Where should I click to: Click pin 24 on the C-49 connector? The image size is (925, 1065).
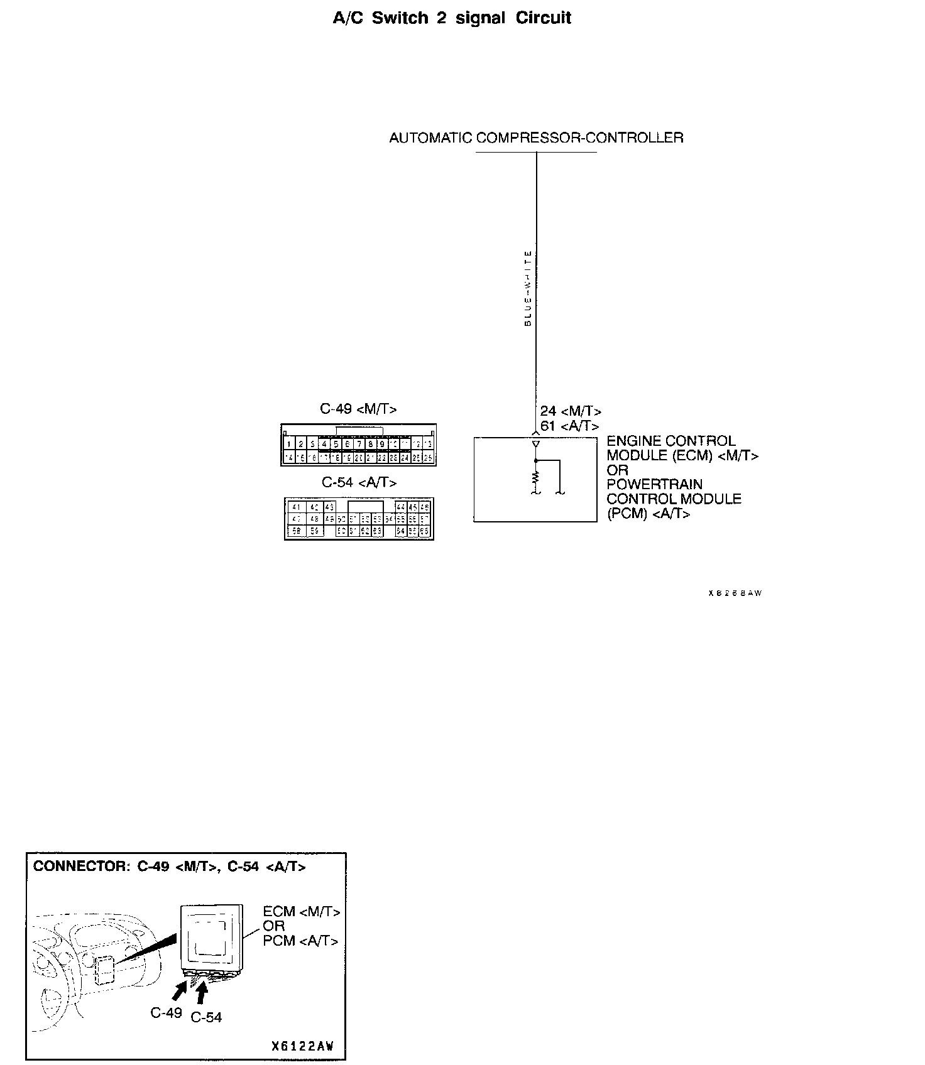click(405, 458)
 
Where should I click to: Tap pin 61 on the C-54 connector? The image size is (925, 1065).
click(353, 531)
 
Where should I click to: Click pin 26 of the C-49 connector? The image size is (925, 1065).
click(428, 458)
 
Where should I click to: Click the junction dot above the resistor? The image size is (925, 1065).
click(536, 460)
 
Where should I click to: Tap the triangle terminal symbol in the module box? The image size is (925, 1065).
click(536, 444)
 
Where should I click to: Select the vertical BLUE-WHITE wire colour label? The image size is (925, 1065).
click(528, 288)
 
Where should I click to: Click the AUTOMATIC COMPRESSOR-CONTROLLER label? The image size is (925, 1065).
click(536, 138)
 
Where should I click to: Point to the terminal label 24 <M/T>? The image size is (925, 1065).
click(571, 411)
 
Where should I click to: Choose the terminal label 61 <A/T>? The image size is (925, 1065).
click(569, 426)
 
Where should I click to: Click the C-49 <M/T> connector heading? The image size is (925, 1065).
click(358, 409)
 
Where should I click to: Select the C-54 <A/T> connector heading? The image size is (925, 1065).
click(359, 482)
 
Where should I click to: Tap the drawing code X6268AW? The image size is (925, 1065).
click(735, 593)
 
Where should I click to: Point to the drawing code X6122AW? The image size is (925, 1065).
click(302, 1046)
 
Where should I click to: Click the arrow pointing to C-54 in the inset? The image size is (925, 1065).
click(201, 994)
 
